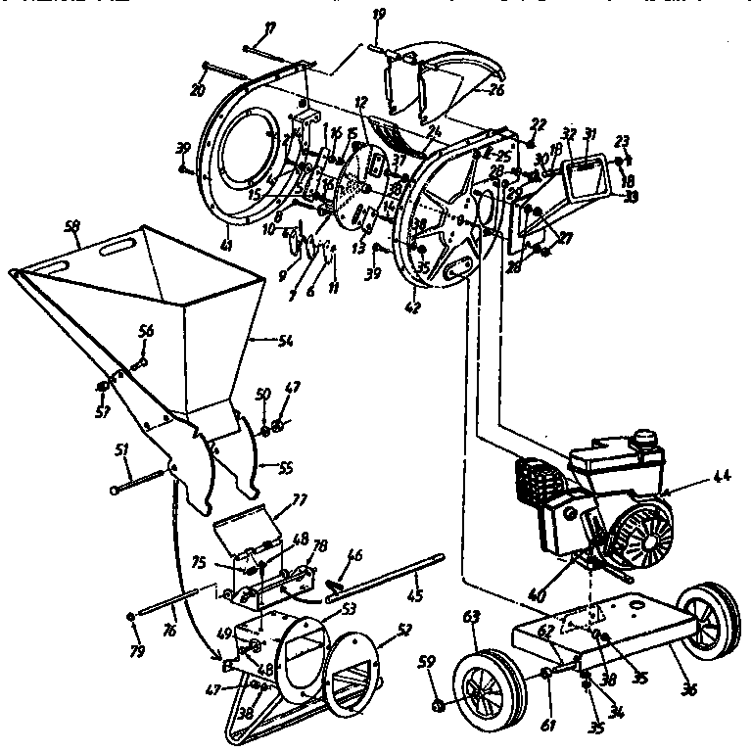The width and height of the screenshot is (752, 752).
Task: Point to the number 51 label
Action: tap(120, 451)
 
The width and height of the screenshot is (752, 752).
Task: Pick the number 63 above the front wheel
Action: tap(472, 618)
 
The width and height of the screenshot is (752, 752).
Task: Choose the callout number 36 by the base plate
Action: tap(688, 690)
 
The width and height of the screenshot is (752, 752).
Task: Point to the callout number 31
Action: tap(589, 133)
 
